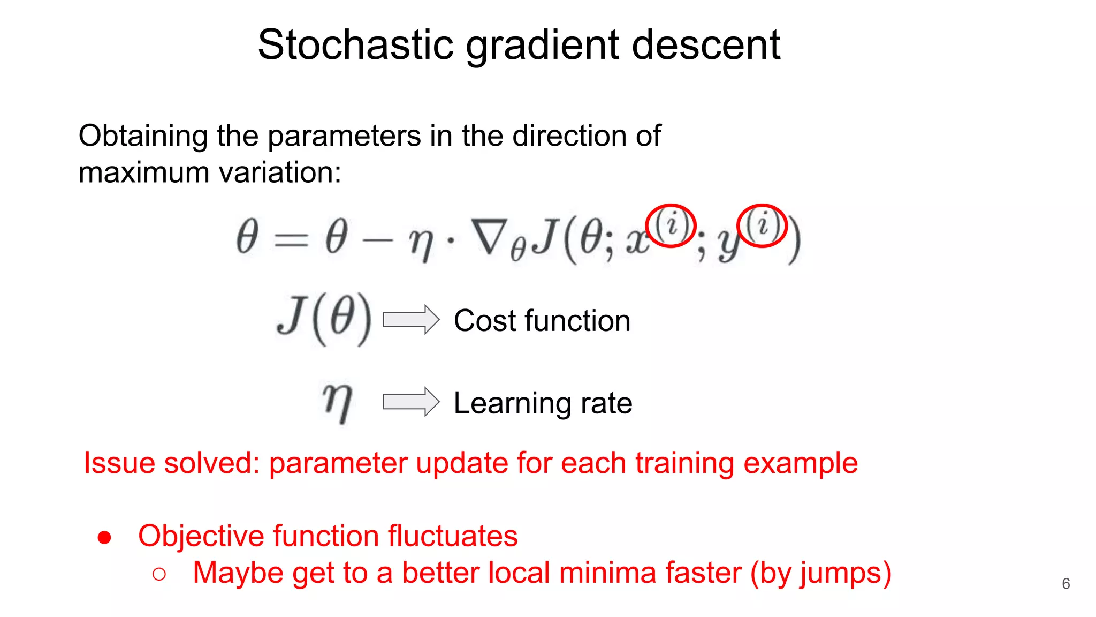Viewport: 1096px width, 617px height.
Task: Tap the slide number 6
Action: tap(1065, 584)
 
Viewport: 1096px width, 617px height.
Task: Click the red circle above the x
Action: tap(671, 225)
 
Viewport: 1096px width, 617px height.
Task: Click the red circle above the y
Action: tap(762, 225)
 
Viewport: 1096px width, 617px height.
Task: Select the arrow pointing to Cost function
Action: tap(411, 320)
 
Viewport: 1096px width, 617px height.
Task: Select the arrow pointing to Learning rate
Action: tap(411, 402)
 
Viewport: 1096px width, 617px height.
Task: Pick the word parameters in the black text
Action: tap(344, 136)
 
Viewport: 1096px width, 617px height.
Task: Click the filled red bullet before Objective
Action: tap(104, 537)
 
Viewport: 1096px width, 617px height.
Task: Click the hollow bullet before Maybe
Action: tap(159, 574)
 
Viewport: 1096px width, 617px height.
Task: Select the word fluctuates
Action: tap(453, 536)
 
